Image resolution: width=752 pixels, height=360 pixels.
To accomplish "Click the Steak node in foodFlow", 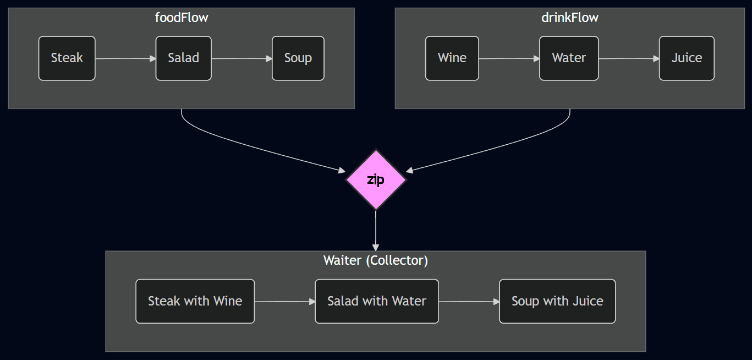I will pyautogui.click(x=67, y=58).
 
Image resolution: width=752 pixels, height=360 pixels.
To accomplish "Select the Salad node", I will pyautogui.click(x=183, y=58).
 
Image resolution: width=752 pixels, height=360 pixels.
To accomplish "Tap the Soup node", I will pyautogui.click(x=298, y=58).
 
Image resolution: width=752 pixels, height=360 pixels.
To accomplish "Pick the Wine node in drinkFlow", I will pyautogui.click(x=452, y=58).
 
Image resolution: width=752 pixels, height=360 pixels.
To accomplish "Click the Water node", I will pyautogui.click(x=569, y=58).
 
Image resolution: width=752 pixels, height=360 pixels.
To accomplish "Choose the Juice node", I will pyautogui.click(x=687, y=58).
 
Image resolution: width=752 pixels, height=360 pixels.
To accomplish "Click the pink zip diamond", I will pyautogui.click(x=376, y=179).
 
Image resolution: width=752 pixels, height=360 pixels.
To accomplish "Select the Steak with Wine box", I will pyautogui.click(x=195, y=301).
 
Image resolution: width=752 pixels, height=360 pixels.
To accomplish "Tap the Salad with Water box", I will pyautogui.click(x=377, y=301).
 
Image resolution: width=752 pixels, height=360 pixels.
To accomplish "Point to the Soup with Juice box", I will pyautogui.click(x=557, y=301).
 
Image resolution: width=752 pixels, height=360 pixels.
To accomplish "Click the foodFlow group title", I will pyautogui.click(x=182, y=18).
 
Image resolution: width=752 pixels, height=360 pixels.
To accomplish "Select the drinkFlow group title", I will pyautogui.click(x=570, y=18).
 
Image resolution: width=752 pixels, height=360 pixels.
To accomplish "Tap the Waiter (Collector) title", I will pyautogui.click(x=376, y=260).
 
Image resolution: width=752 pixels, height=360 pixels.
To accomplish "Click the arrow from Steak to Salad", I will pyautogui.click(x=125, y=58).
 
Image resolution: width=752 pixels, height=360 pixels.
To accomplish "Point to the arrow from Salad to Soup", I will pyautogui.click(x=241, y=58).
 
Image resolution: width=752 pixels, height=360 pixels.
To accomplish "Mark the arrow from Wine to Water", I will pyautogui.click(x=509, y=58).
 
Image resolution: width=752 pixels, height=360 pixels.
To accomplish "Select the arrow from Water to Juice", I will pyautogui.click(x=629, y=58).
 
